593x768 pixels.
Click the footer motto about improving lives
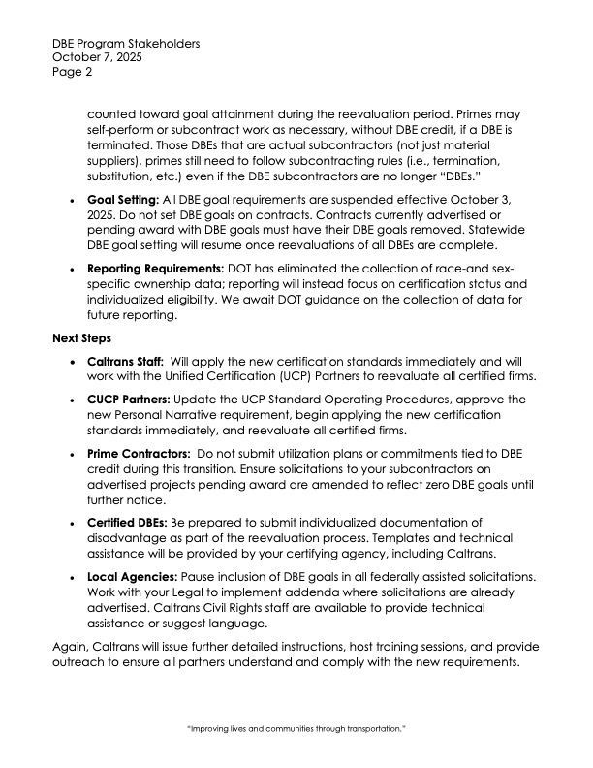pos(296,726)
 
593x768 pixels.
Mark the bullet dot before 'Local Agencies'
pos(77,577)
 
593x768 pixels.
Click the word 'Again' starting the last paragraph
pos(70,647)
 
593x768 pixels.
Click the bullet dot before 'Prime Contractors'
pos(77,454)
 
